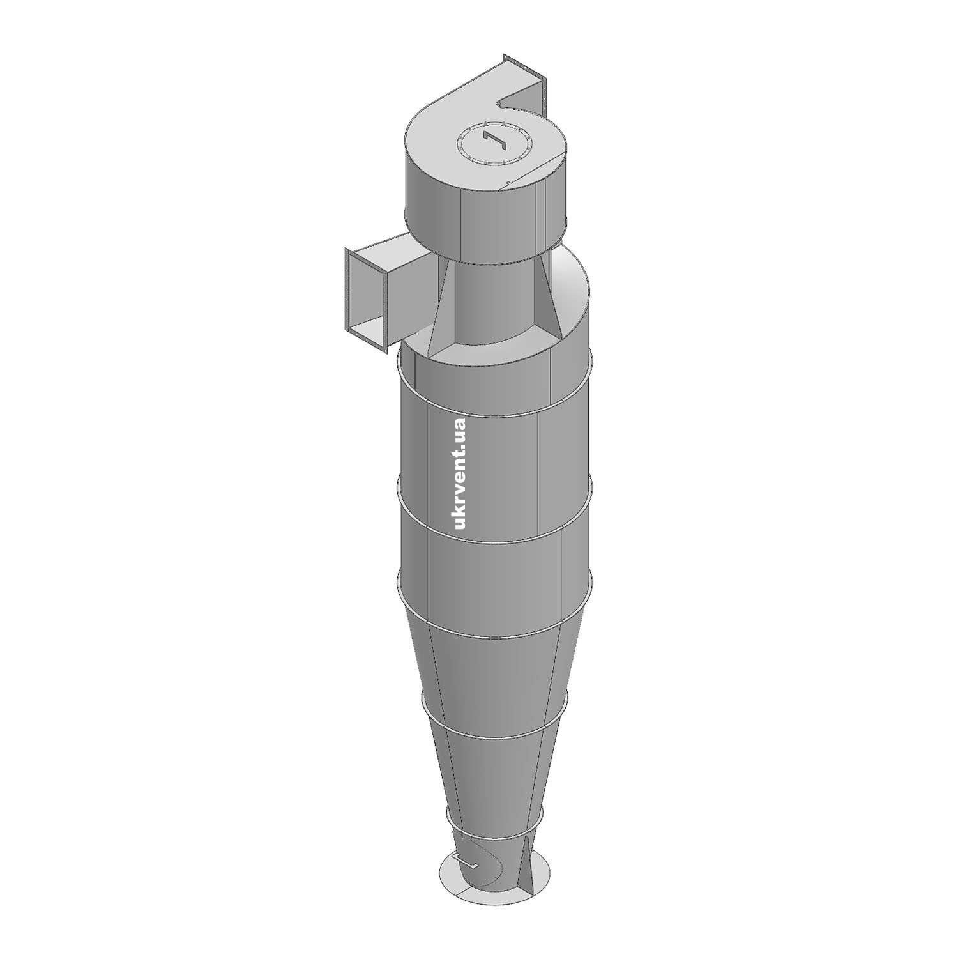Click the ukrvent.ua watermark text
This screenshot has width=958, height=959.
(x=459, y=473)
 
